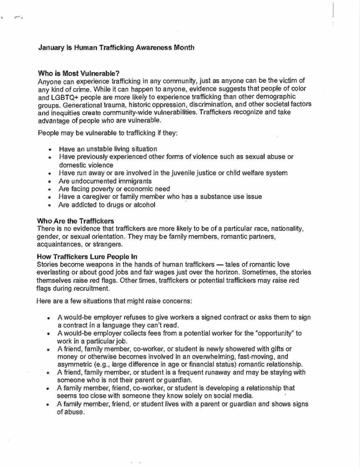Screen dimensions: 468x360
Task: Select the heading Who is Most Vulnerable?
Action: [78, 73]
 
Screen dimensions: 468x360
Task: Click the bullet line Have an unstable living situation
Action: [108, 149]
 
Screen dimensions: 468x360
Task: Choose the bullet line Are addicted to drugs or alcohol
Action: [107, 205]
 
